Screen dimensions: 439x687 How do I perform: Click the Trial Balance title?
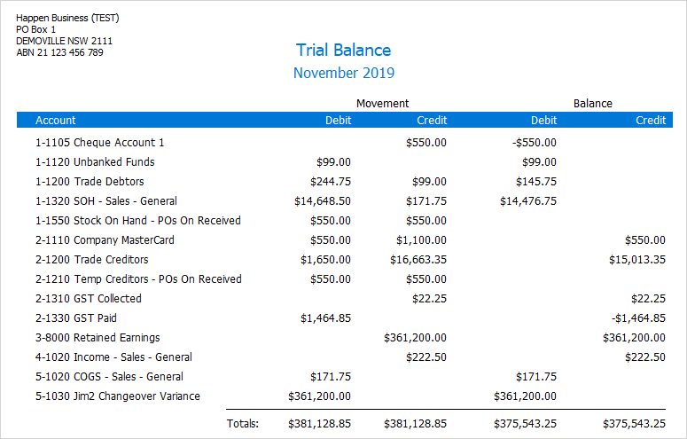pos(343,51)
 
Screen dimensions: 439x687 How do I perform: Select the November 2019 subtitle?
pos(343,73)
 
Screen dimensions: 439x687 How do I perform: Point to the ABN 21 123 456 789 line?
pos(59,52)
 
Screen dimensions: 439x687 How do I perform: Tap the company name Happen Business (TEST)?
pos(67,18)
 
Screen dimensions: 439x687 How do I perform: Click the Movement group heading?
pos(382,104)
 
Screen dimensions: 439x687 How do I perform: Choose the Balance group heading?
pos(592,104)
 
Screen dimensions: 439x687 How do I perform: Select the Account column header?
pos(56,121)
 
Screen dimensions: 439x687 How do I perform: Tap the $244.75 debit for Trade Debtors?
pos(327,182)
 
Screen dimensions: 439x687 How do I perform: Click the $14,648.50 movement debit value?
pos(323,201)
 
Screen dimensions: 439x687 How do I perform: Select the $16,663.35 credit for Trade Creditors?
pos(418,260)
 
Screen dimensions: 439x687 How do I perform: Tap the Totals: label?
pos(243,425)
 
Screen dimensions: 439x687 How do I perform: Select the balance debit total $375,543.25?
pos(528,425)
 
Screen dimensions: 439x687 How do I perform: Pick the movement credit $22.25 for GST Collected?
pos(429,299)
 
